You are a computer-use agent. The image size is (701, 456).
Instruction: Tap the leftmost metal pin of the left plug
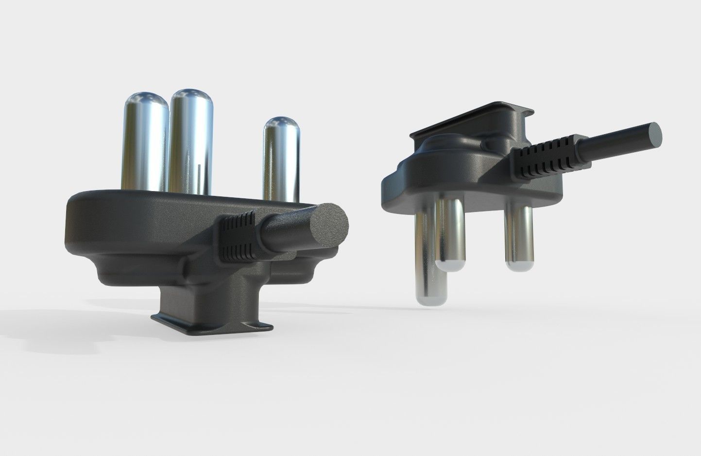point(144,146)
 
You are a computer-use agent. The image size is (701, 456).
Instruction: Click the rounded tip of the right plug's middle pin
point(451,265)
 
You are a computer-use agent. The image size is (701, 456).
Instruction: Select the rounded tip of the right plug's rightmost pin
point(519,265)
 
